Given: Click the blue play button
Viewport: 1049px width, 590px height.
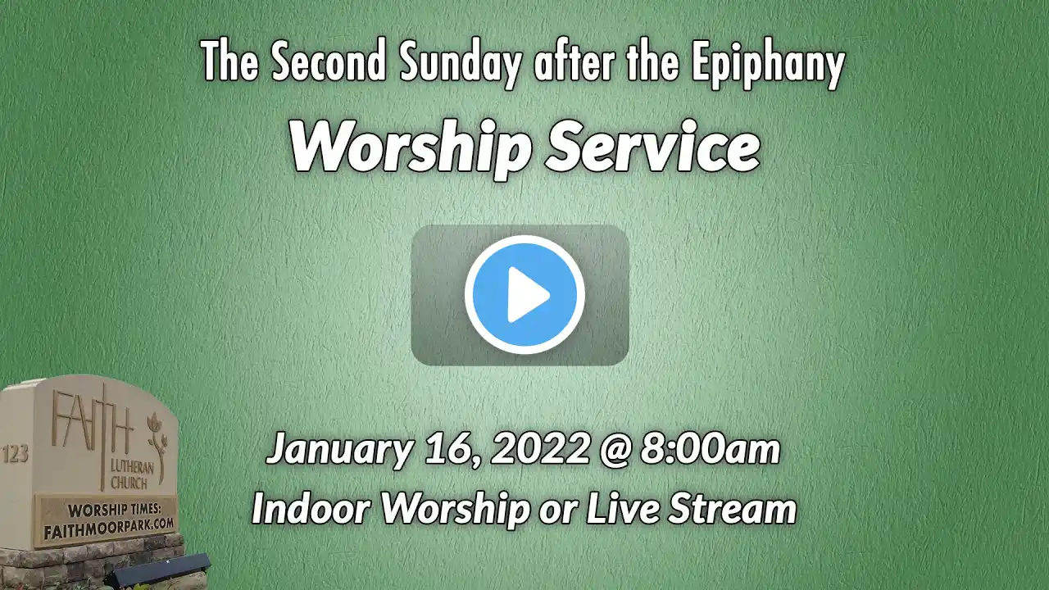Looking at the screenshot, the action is click(x=524, y=294).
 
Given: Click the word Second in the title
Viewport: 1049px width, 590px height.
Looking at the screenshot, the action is click(x=329, y=61).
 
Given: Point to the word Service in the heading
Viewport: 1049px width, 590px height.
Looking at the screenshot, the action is click(x=653, y=147).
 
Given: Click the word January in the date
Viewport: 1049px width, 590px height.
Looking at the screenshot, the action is click(x=339, y=450).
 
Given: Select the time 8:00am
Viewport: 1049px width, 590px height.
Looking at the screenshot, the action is click(x=711, y=448).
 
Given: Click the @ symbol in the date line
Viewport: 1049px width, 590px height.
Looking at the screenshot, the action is click(x=615, y=450).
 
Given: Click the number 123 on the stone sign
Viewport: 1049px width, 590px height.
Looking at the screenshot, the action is click(x=16, y=453).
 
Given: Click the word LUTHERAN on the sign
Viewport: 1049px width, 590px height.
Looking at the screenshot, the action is click(x=133, y=466).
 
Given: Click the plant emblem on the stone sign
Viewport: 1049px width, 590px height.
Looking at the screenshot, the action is click(x=157, y=445).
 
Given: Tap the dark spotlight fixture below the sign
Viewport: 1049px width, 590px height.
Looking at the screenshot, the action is click(x=158, y=571).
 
